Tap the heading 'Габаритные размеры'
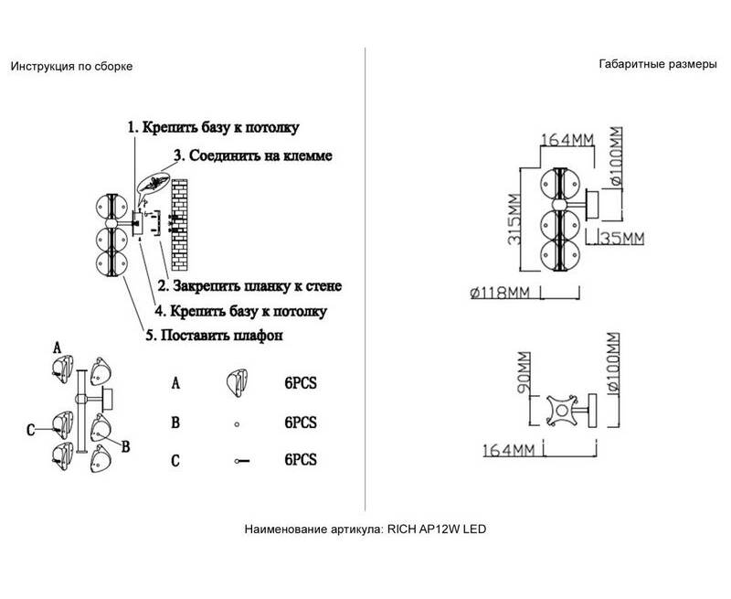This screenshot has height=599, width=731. [x=652, y=66]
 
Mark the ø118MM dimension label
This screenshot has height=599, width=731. [x=500, y=293]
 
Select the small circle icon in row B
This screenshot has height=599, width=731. [x=236, y=423]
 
